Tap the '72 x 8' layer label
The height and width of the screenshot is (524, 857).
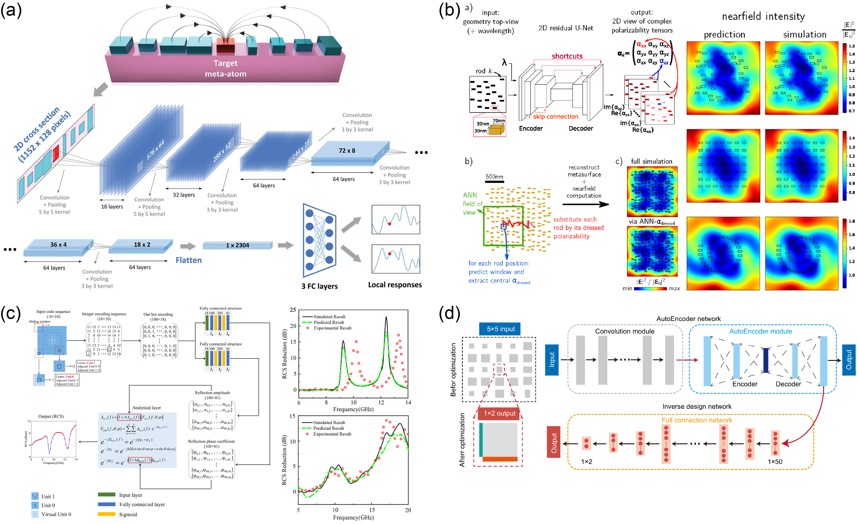pos(347,150)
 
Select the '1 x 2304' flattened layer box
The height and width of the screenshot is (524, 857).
pos(237,245)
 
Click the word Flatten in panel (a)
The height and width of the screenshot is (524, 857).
pos(188,260)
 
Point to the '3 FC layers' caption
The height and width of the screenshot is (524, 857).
pos(319,286)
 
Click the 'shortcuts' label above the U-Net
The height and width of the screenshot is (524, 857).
pos(567,56)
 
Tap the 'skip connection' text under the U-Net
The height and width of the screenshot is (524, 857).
pos(555,117)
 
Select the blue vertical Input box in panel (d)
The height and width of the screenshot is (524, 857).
pos(552,360)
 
